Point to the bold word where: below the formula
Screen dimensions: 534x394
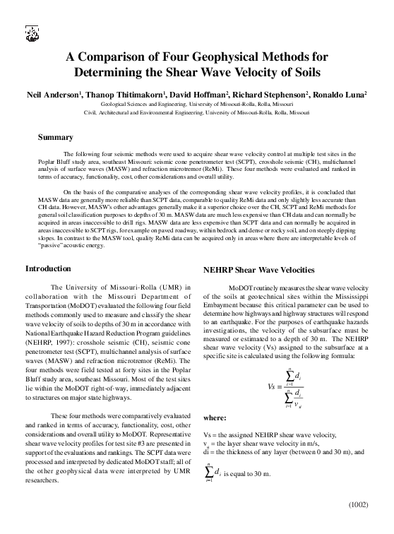(214, 418)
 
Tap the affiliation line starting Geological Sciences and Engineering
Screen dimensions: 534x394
(197, 103)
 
